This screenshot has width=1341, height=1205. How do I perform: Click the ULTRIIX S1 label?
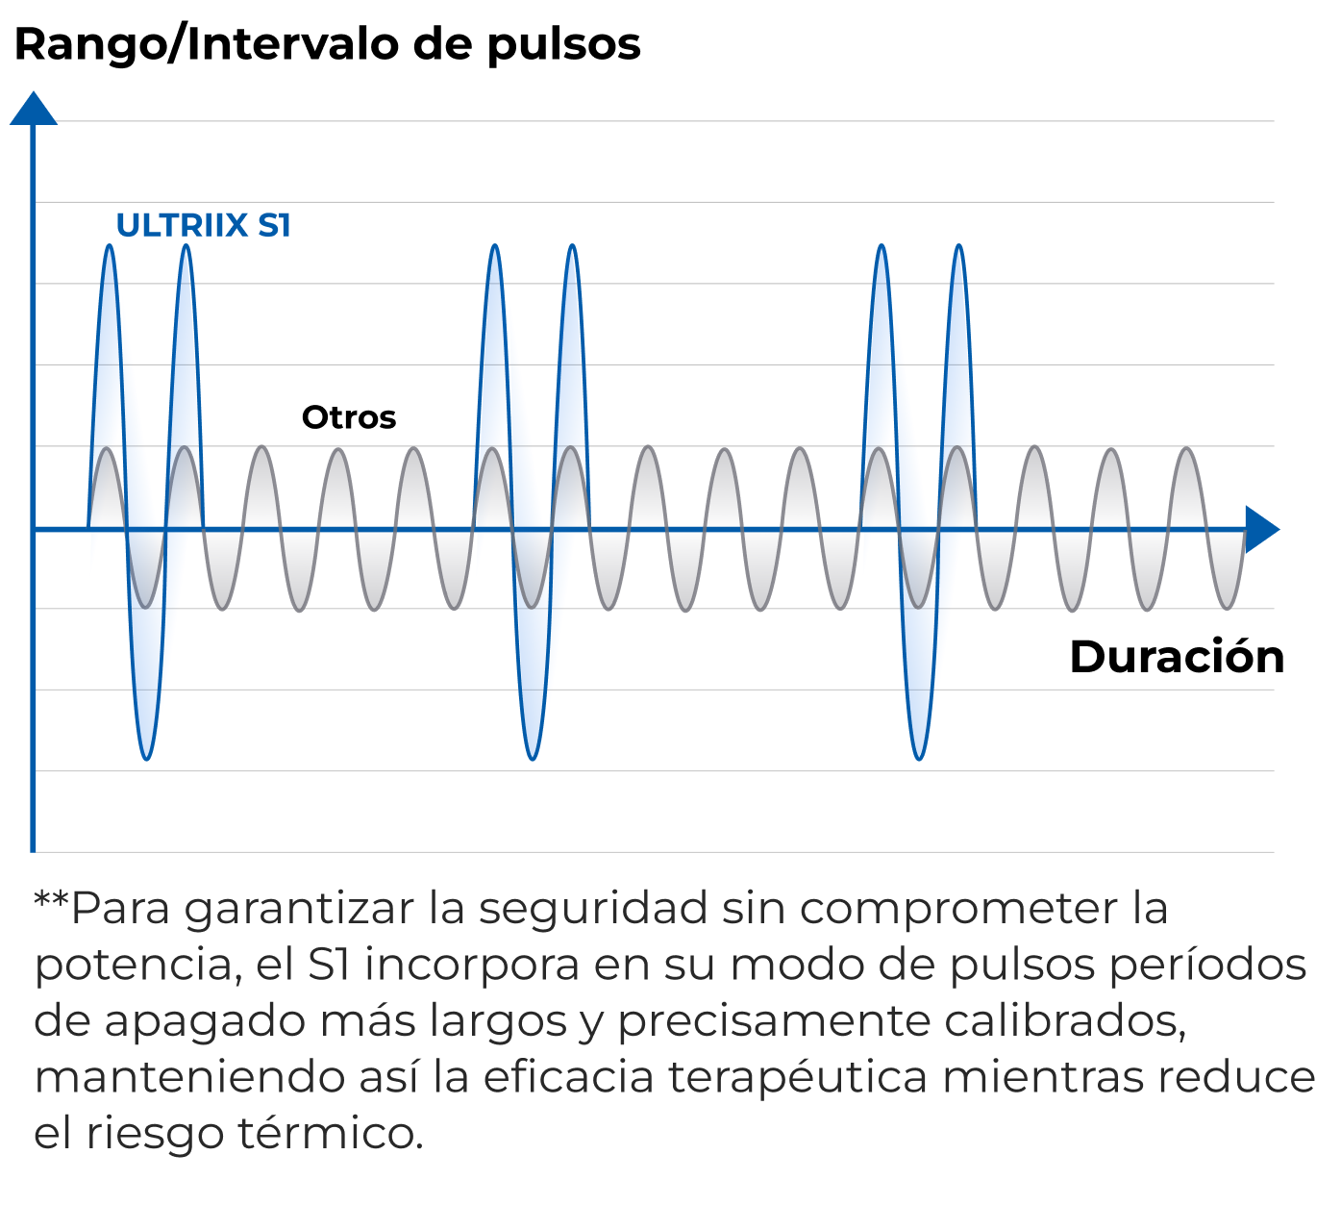pyautogui.click(x=203, y=225)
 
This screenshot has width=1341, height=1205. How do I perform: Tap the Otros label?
pyautogui.click(x=349, y=417)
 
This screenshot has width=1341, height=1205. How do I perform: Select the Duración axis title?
pyautogui.click(x=1176, y=657)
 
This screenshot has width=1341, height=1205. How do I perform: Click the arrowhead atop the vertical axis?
pyautogui.click(x=34, y=109)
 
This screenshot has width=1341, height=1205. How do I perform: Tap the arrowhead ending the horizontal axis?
pyautogui.click(x=1261, y=529)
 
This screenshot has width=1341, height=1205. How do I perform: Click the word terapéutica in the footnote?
pyautogui.click(x=798, y=1077)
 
